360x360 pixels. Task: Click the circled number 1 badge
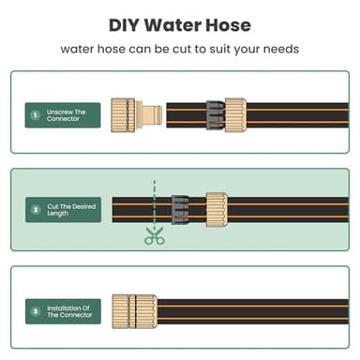pyautogui.click(x=36, y=115)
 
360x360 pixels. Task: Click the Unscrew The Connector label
pyautogui.click(x=67, y=115)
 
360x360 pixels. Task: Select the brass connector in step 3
pyautogui.click(x=134, y=309)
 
